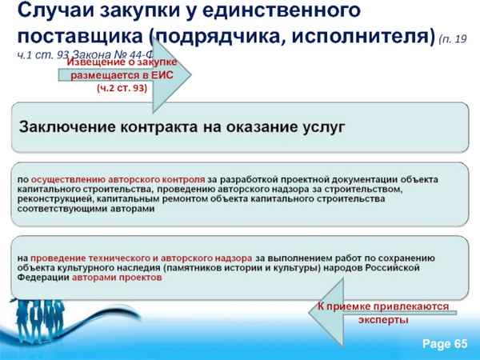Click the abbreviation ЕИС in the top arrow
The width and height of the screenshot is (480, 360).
point(166,74)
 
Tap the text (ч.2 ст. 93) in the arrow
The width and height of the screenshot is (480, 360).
point(121,87)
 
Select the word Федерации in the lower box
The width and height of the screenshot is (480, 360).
point(46,278)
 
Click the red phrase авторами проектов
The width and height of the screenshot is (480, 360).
point(118,278)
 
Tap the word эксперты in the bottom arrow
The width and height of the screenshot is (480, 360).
point(383,319)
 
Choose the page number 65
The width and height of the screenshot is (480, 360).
point(459,344)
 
